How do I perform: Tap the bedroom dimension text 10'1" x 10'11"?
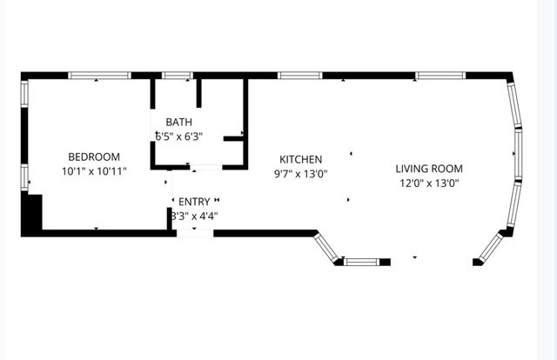tap(94, 171)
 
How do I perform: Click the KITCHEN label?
tap(300, 159)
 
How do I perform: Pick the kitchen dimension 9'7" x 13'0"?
tap(300, 173)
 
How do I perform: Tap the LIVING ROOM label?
tap(428, 169)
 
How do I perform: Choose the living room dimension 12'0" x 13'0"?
tap(428, 183)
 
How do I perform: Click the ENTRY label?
tap(193, 201)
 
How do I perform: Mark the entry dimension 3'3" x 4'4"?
tap(193, 215)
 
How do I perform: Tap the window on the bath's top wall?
tap(178, 76)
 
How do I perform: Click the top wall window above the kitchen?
tap(300, 76)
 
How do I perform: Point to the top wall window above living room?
tap(438, 76)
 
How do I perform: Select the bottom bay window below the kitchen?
tap(362, 261)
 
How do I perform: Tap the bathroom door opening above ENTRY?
tap(205, 166)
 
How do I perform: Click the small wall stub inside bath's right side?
tap(234, 137)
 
